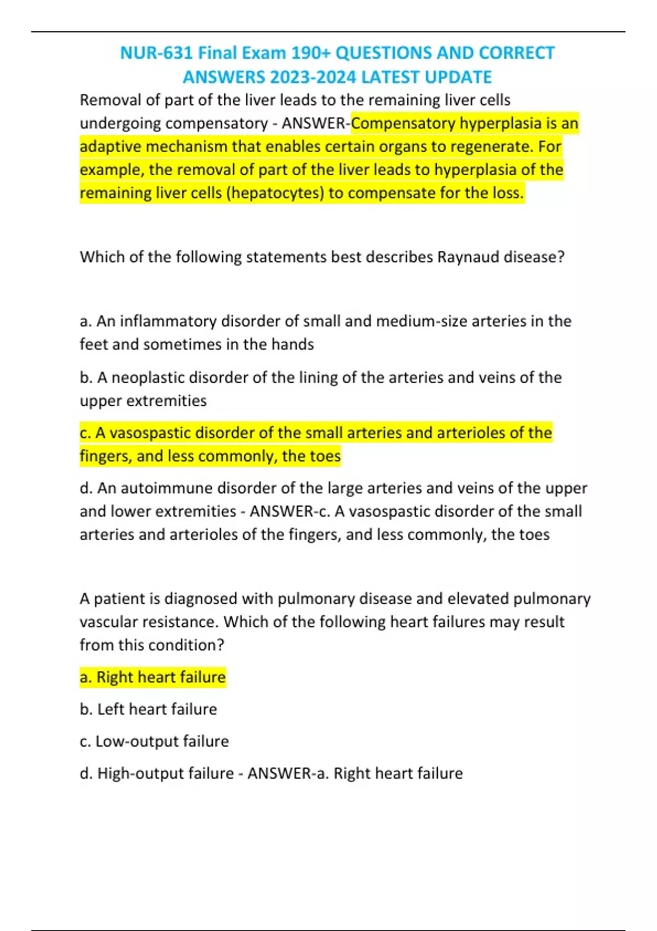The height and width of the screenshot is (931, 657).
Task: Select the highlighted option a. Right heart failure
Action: coord(153,677)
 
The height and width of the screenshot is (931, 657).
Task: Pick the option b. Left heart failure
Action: coord(148,709)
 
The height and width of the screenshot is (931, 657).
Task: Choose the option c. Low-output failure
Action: coord(154,742)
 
